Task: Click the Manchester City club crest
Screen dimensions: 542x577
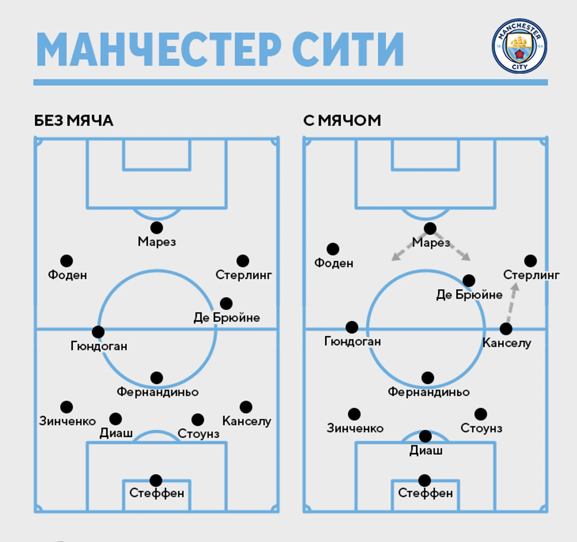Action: coord(519,46)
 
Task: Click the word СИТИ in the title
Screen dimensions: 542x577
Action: coord(348,49)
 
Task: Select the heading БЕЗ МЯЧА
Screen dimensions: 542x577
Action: coord(74,120)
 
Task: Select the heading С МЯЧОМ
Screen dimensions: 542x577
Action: coord(342,120)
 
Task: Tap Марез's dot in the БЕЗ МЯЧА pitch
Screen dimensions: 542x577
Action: coord(157,228)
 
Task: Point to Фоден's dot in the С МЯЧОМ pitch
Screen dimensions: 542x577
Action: coord(333,249)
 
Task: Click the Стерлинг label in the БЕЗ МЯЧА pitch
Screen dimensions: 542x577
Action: coord(243,275)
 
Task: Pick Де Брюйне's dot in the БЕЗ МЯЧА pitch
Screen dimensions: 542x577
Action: coord(226,303)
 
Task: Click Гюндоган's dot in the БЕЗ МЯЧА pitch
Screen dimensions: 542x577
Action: coord(98,332)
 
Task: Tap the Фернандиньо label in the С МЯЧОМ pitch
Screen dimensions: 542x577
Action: coord(428,392)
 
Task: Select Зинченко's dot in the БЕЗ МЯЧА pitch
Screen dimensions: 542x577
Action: coord(66,407)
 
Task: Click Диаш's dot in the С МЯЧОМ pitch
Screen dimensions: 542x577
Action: coord(425,436)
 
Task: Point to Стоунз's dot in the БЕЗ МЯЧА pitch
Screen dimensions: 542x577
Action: coord(198,420)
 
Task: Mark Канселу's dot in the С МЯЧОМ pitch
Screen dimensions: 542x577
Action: coord(506,328)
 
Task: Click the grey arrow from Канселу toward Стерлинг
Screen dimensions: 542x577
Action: coord(512,303)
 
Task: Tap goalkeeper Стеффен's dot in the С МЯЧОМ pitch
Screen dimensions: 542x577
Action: coord(424,480)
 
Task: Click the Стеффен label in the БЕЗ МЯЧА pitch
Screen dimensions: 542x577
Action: coord(157,493)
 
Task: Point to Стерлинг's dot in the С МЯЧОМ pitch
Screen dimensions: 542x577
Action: coord(530,261)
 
